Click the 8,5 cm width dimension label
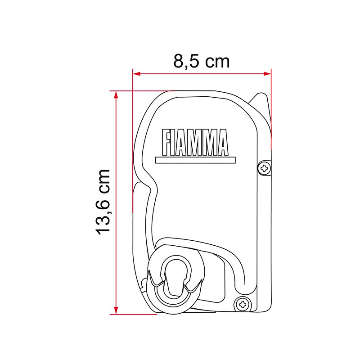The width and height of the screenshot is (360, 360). (201, 61)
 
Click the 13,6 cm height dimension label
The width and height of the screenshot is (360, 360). (103, 202)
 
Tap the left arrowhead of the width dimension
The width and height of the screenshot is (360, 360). (137, 74)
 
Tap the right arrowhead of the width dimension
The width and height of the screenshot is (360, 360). (267, 74)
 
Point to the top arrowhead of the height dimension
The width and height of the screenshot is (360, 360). (116, 95)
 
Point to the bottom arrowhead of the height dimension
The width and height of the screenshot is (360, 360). (116, 310)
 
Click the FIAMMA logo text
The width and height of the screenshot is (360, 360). (195, 142)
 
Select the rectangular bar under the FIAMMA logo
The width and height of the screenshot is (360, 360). (195, 160)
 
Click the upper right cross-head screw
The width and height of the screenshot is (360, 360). (265, 168)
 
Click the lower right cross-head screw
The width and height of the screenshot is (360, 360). (243, 305)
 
